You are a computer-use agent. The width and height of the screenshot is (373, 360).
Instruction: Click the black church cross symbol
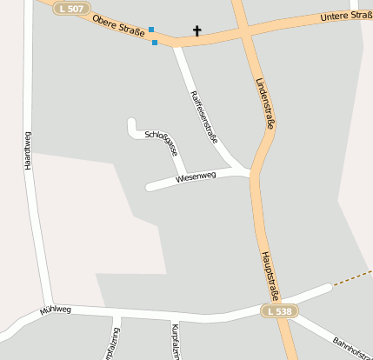(196, 32)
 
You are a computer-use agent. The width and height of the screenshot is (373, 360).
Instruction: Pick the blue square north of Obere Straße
(151, 30)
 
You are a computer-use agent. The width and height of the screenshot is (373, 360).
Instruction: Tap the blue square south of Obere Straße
(155, 42)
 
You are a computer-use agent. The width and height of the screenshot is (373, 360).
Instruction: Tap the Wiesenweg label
(195, 177)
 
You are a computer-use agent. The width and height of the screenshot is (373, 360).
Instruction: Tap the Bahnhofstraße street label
(343, 343)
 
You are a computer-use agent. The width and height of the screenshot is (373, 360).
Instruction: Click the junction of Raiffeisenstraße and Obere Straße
(177, 43)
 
